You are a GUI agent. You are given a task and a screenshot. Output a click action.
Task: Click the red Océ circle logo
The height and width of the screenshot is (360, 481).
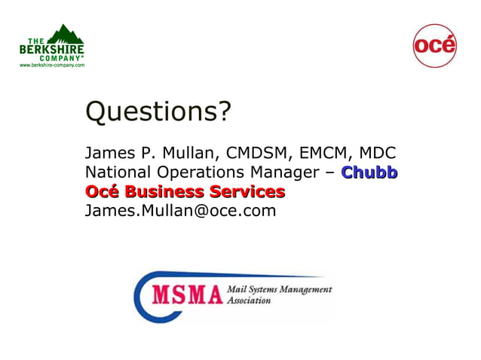[435, 45]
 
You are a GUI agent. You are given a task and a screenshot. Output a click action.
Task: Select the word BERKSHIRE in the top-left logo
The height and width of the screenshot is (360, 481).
[52, 50]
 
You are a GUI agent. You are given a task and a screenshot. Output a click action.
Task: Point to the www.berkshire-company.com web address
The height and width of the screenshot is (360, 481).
[52, 66]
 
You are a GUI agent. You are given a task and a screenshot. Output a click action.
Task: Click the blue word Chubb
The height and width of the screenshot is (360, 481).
[369, 172]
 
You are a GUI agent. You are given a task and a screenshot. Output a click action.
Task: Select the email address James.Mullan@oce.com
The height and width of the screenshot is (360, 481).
[181, 210]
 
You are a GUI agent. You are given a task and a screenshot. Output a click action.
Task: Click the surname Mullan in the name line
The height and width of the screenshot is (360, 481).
[183, 152]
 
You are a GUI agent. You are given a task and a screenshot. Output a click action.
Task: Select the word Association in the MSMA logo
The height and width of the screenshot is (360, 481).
[249, 299]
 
